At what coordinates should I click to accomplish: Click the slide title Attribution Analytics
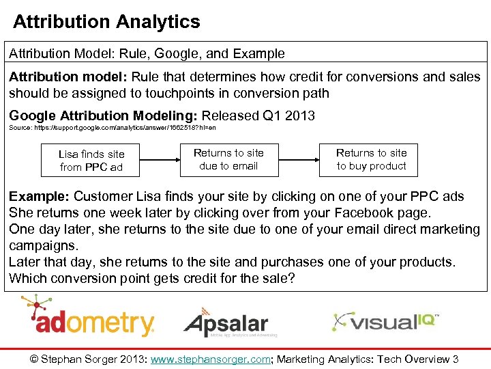point(106,22)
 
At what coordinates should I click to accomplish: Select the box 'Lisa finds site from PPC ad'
point(91,161)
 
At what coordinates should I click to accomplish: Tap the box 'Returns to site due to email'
point(228,159)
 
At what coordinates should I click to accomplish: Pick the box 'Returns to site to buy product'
point(371,159)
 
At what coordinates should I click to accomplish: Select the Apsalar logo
point(225,323)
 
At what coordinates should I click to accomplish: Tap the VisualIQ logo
point(385,321)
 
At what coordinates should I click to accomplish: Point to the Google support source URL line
point(113,128)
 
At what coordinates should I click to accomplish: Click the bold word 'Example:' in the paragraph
point(40,197)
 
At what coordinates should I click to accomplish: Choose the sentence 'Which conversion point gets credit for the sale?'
point(152,278)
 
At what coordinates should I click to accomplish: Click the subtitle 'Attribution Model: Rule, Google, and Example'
point(147,53)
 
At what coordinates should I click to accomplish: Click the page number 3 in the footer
point(456,359)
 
